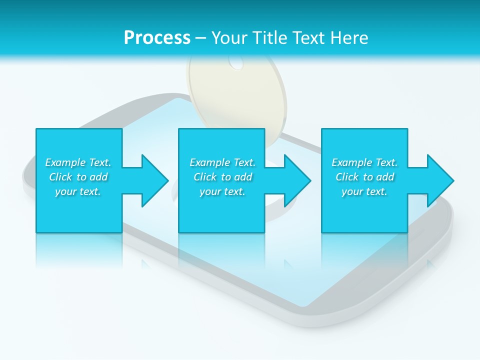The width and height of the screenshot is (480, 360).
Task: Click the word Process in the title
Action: tap(157, 37)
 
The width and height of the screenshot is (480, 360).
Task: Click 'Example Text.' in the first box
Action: tap(78, 162)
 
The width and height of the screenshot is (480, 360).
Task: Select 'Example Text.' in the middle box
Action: tap(222, 162)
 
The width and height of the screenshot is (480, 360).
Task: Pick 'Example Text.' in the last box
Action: tap(364, 162)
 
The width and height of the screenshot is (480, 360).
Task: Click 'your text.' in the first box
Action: tap(78, 191)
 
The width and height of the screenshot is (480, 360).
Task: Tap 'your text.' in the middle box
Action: tap(222, 191)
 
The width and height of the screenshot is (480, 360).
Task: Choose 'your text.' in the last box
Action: tap(364, 191)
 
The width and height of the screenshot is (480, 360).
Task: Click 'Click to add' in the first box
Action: tap(78, 177)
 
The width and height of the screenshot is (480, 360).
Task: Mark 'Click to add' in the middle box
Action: tap(222, 177)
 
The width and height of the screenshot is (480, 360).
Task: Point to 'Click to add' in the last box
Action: tap(364, 177)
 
